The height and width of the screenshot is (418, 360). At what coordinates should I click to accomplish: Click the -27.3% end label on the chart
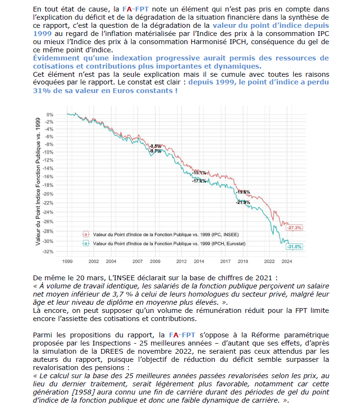point(295,227)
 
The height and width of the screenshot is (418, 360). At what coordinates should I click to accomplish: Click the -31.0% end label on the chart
point(294,247)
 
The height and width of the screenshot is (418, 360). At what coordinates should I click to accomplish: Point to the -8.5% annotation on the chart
point(155,146)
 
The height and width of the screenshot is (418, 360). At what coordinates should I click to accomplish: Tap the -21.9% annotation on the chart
point(243,203)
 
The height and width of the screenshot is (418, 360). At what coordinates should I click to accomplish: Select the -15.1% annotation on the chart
point(199,172)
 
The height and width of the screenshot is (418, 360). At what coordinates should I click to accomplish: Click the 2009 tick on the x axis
point(155,262)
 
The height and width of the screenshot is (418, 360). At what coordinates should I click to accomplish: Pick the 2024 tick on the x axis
point(287,262)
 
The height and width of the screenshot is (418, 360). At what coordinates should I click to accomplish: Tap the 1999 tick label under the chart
point(68,262)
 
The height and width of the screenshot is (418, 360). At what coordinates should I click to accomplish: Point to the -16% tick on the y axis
point(48,176)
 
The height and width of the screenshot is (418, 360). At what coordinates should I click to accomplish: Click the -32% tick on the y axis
point(48,251)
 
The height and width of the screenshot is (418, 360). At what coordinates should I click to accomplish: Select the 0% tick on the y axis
point(50,114)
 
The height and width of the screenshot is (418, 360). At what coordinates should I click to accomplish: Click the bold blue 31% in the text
point(42,90)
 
